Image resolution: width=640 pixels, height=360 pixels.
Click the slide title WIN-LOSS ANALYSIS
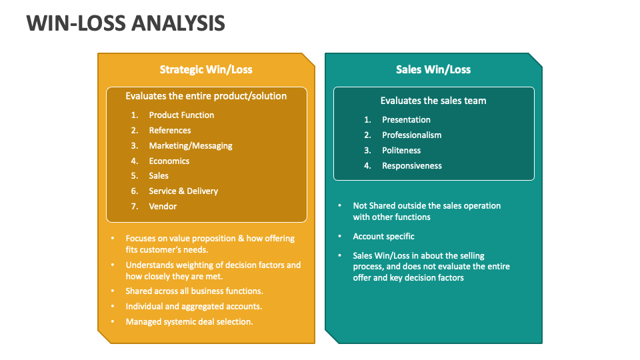[x=126, y=23]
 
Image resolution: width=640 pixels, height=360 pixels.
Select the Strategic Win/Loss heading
[x=206, y=69]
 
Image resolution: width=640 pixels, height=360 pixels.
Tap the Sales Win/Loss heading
[x=433, y=69]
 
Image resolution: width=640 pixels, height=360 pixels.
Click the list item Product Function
[x=181, y=115]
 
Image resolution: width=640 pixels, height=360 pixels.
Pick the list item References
[x=170, y=130]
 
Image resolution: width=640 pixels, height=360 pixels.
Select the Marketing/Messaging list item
[x=191, y=146]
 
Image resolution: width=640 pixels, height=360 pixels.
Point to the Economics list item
[x=169, y=161]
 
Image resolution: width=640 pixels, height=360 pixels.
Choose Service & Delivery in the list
[x=183, y=191]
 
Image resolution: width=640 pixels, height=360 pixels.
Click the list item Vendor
[x=163, y=206]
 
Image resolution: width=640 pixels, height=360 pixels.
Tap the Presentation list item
[x=406, y=119]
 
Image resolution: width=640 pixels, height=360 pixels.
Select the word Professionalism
[x=412, y=135]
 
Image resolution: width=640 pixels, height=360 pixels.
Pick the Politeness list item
[x=401, y=150]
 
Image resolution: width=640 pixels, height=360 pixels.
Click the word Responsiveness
[x=412, y=166]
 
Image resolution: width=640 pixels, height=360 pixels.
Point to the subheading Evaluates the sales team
[x=433, y=101]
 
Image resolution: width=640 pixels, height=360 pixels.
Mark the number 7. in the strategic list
[x=135, y=206]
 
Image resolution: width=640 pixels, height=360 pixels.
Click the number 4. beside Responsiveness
[x=368, y=166]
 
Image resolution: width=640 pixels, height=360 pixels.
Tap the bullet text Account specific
[x=384, y=236]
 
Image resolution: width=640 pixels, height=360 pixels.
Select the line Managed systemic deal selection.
[x=189, y=321]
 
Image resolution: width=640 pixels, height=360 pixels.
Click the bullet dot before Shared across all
[x=113, y=291]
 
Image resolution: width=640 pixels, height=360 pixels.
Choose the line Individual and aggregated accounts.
[x=194, y=307]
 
